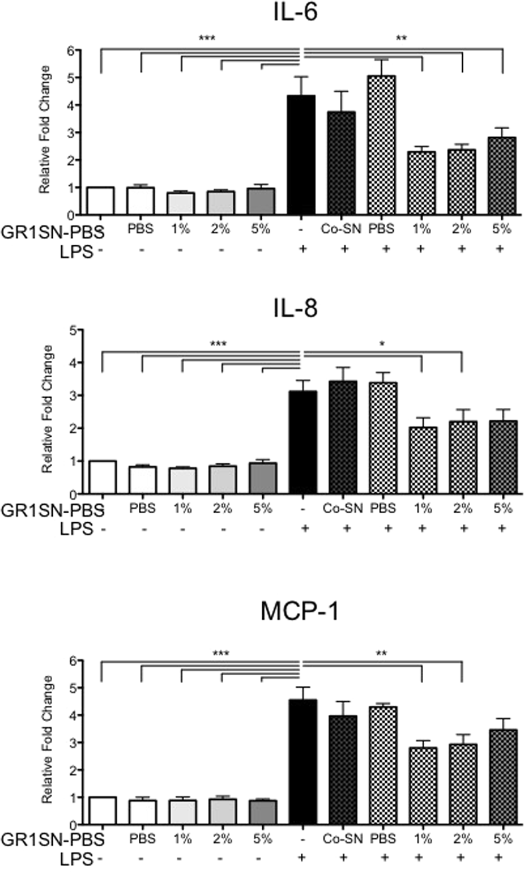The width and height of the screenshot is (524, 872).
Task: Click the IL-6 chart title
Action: point(296,12)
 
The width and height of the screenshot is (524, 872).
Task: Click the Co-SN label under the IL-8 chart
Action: point(342,508)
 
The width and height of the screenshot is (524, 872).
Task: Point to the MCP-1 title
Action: point(299,611)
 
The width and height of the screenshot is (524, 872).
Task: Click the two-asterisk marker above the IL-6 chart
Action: point(401,39)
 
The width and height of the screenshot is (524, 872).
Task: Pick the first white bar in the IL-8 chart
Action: point(102,477)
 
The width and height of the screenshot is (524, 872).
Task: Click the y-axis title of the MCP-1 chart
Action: point(47,739)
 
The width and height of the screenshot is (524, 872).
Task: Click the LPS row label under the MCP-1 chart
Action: point(77,859)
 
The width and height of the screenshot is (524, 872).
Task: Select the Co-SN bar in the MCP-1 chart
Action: point(342,770)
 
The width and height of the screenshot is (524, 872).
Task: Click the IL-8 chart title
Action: point(296,308)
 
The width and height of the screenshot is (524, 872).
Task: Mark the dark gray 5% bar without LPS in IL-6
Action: point(261,201)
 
